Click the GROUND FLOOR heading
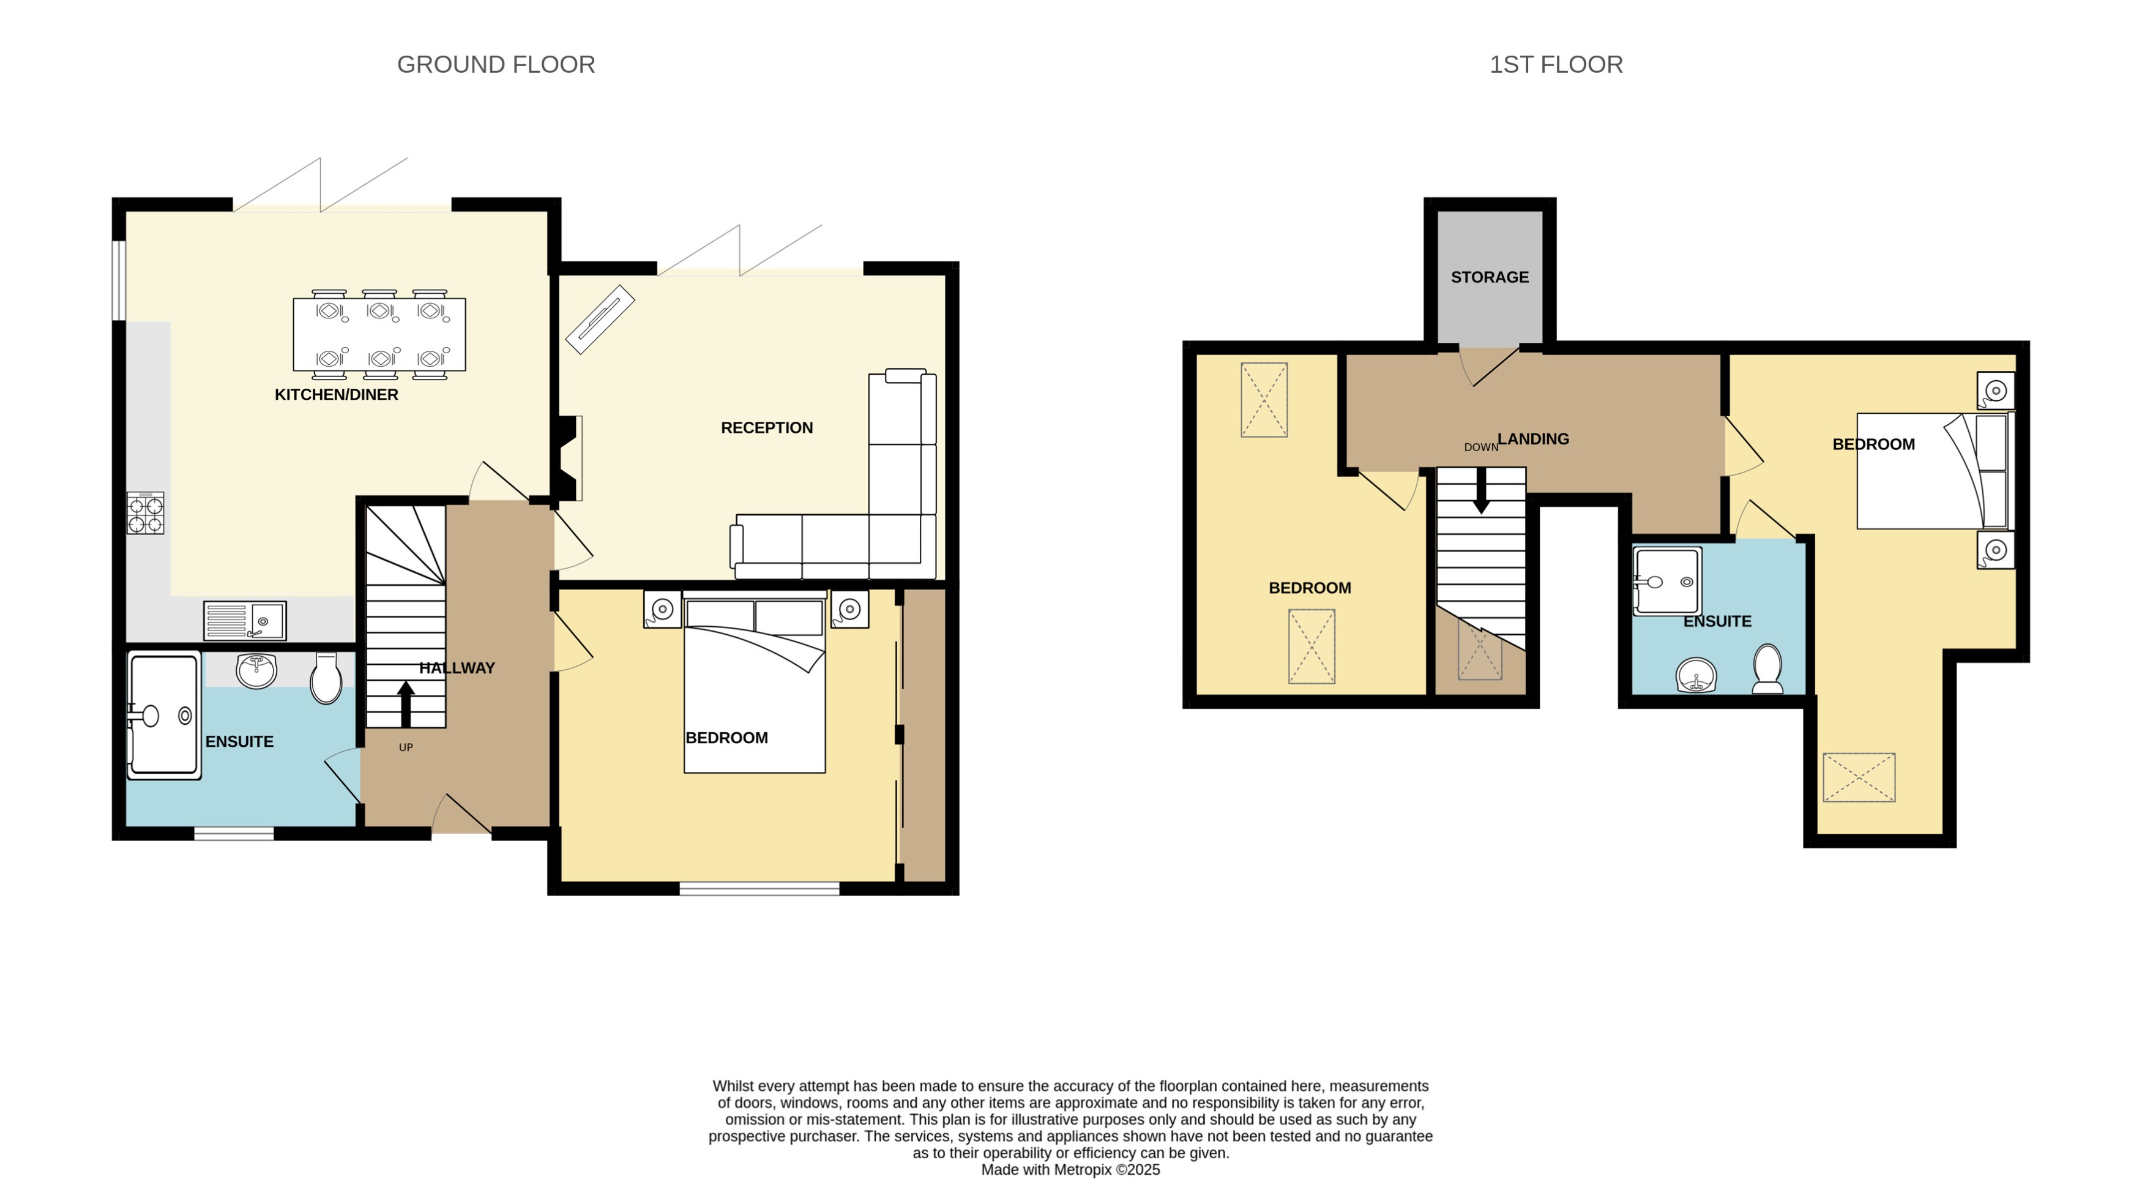(496, 65)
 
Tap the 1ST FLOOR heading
(1555, 65)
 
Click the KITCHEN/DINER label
(336, 395)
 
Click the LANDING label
(1532, 439)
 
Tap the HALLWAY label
(457, 668)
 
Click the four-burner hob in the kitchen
(146, 513)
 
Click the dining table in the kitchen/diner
(379, 334)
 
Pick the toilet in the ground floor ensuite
(326, 678)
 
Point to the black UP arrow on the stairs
(406, 703)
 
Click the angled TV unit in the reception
(600, 320)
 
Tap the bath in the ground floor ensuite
(164, 715)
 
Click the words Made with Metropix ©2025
(1070, 1170)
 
